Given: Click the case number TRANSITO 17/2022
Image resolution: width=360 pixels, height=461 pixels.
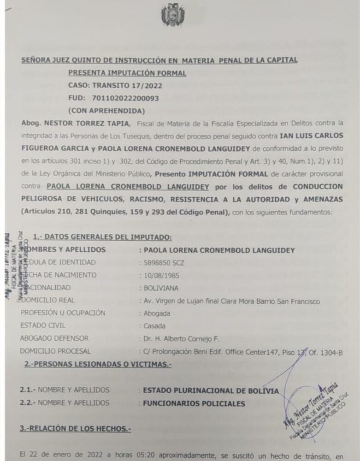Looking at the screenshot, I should point(115,85).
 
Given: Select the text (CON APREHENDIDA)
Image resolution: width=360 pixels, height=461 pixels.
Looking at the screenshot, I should point(106,111).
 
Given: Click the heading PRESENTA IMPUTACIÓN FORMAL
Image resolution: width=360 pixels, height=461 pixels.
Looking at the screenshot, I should point(127,73).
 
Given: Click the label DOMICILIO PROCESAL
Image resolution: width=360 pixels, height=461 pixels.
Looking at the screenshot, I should point(55,351).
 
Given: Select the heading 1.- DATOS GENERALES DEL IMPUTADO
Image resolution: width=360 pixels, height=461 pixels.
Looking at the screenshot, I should point(102,237).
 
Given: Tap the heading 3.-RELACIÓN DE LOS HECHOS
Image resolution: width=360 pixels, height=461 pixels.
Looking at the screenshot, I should point(76,429).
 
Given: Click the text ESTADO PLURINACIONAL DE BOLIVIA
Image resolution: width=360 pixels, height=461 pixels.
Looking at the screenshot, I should point(211,390).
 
